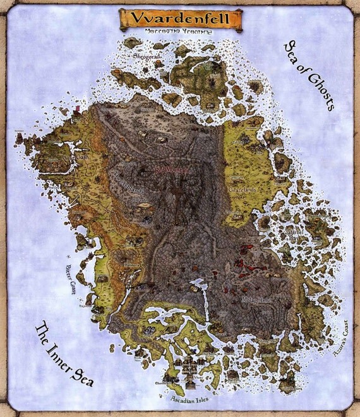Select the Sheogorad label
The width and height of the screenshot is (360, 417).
(147, 55)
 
